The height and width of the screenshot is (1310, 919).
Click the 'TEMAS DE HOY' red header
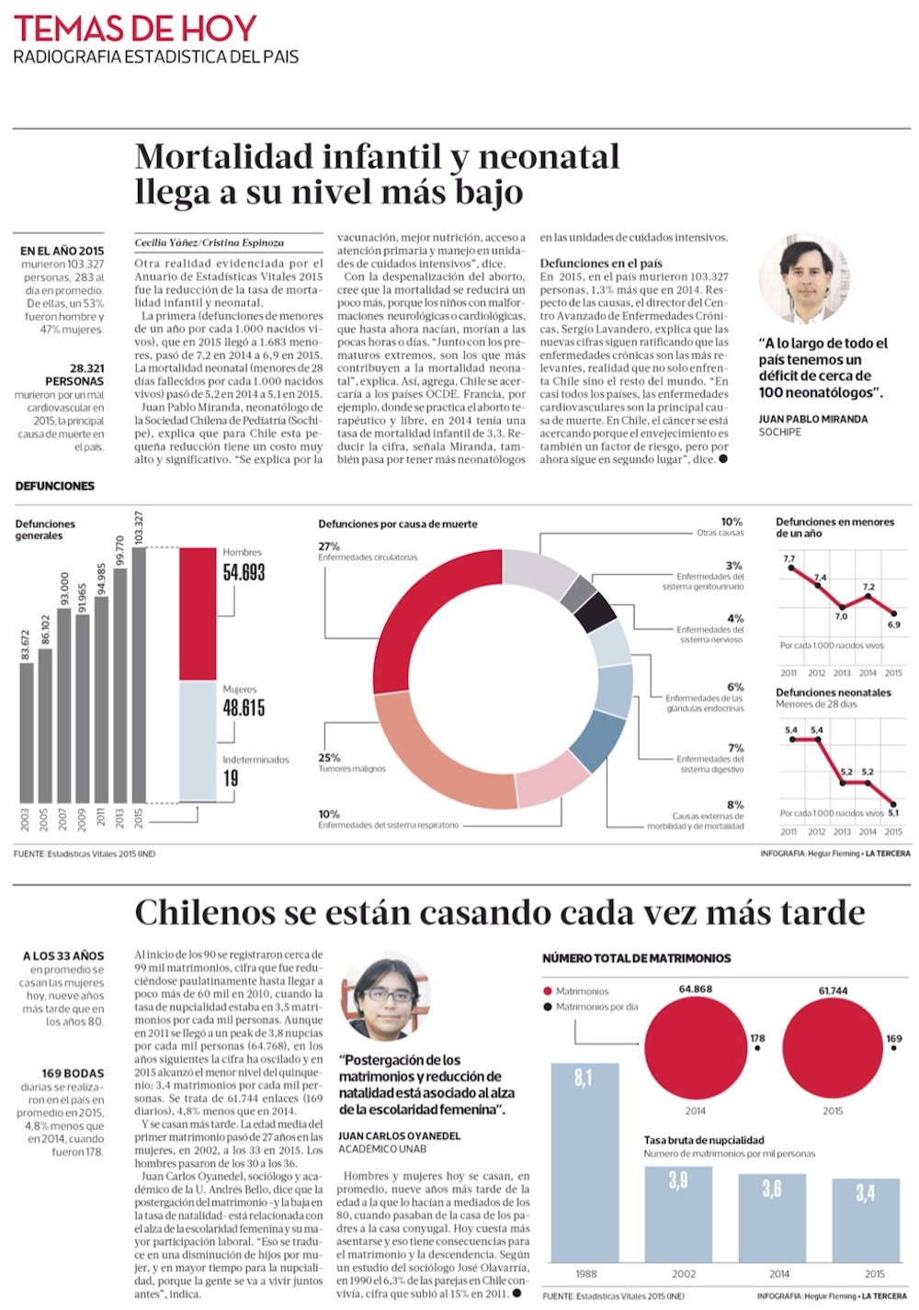[135, 28]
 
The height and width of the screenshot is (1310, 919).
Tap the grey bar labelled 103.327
[139, 675]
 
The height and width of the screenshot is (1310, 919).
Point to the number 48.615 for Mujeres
[244, 707]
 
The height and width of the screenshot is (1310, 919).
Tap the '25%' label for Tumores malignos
[329, 758]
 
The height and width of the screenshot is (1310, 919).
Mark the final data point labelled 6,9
[894, 613]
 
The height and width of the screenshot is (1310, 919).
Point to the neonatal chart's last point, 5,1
[894, 803]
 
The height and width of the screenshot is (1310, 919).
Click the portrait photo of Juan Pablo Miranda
[803, 279]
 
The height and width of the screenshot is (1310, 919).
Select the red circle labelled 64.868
[696, 1045]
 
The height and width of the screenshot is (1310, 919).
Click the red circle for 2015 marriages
[833, 1045]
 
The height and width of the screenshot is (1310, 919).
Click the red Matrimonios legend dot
[548, 991]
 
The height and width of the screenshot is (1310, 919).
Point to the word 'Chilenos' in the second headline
[204, 912]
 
